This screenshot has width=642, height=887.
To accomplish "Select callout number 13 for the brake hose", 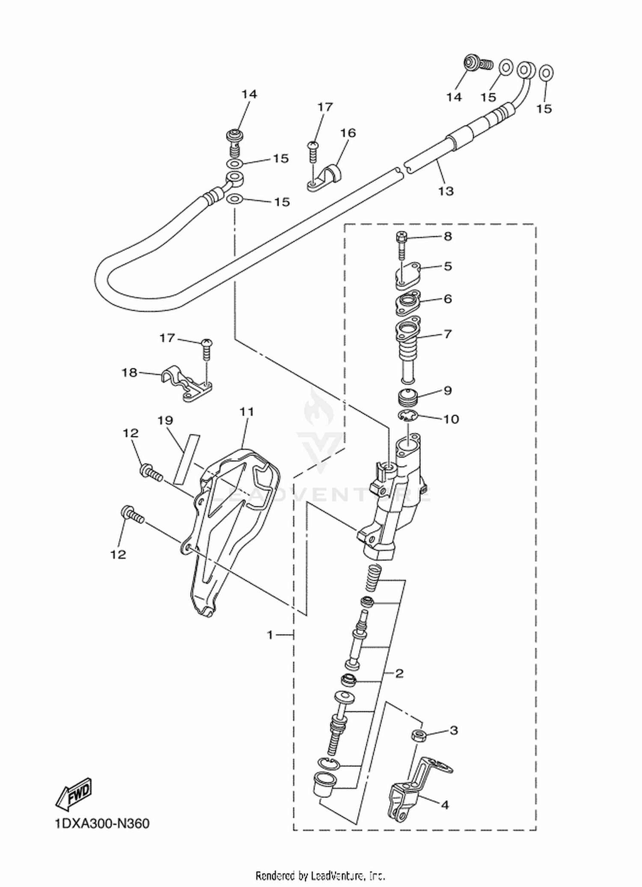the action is pyautogui.click(x=446, y=190).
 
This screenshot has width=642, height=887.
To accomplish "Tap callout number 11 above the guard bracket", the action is pyautogui.click(x=247, y=412).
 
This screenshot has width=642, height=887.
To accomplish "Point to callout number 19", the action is pyautogui.click(x=165, y=420).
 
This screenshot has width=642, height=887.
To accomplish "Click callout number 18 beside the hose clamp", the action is pyautogui.click(x=129, y=372).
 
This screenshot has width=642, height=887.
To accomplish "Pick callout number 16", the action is pyautogui.click(x=348, y=133).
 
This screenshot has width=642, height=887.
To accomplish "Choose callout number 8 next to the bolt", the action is pyautogui.click(x=448, y=236).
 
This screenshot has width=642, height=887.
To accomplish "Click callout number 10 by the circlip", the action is pyautogui.click(x=451, y=419).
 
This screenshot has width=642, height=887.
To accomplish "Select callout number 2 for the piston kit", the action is pyautogui.click(x=399, y=674).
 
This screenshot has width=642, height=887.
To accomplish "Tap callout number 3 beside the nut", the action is pyautogui.click(x=454, y=730).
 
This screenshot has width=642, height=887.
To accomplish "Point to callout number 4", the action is pyautogui.click(x=445, y=805).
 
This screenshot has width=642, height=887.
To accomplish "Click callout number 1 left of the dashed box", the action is pyautogui.click(x=270, y=635).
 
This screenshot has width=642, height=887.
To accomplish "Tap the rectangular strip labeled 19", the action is pyautogui.click(x=187, y=459).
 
